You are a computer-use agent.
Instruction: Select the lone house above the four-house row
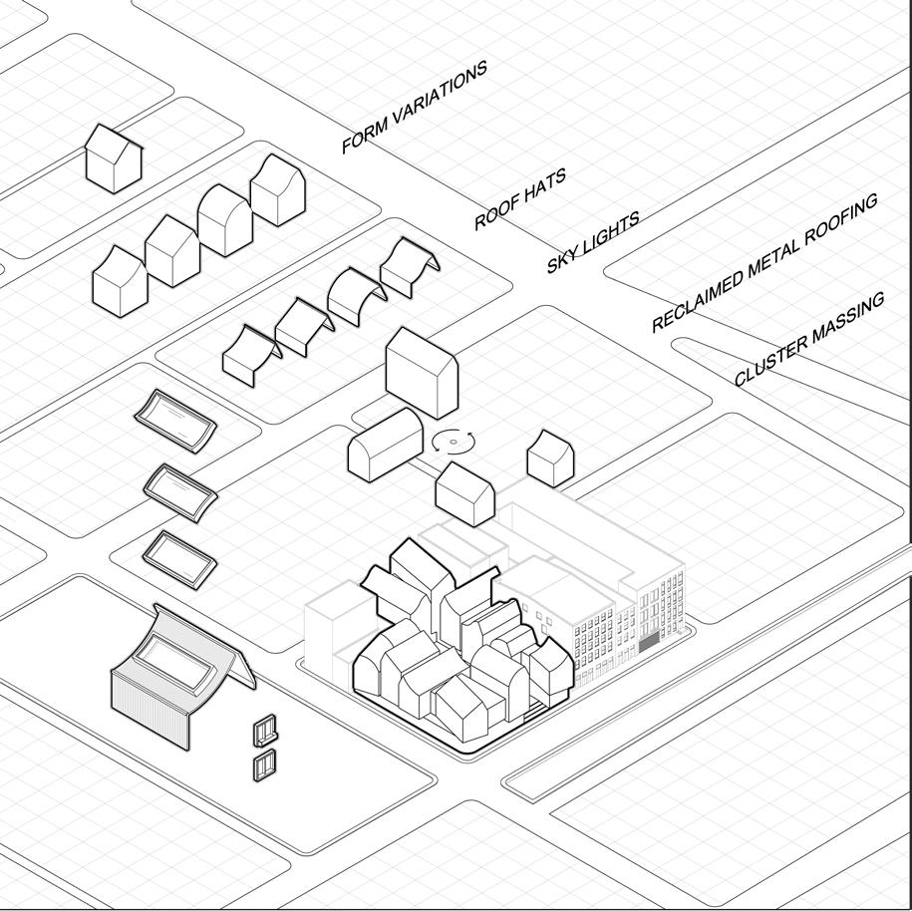tap(113, 157)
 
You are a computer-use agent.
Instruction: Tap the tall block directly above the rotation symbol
tap(421, 371)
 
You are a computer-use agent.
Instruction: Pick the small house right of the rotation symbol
tap(550, 457)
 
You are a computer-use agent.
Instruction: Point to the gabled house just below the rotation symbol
tap(465, 493)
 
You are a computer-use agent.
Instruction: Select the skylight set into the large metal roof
tap(176, 662)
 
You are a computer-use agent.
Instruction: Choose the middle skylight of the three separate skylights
tap(180, 488)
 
